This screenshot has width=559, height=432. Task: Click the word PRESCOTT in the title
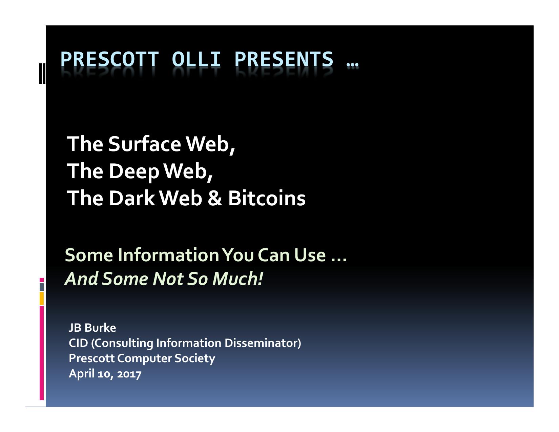pos(109,59)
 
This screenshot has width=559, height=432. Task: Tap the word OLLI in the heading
pos(196,59)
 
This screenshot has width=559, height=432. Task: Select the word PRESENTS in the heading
pos(284,59)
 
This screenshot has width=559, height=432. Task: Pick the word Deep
pos(134,172)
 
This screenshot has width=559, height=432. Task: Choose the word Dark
pos(132,198)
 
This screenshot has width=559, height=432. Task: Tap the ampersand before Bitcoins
pos(214,198)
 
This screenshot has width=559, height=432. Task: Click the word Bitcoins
pos(267,198)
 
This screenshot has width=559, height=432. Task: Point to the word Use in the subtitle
pos(310,255)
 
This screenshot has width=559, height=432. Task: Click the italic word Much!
pos(237,279)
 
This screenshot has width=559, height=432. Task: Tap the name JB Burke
pos(92,328)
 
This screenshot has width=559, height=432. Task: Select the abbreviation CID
pos(79,343)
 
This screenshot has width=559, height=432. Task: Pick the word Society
pos(195,359)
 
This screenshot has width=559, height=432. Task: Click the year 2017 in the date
pos(129,374)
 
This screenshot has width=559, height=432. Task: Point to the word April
pos(82,374)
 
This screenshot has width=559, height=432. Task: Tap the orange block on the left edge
pos(42,299)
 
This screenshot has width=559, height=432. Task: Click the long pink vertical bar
pos(42,353)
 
